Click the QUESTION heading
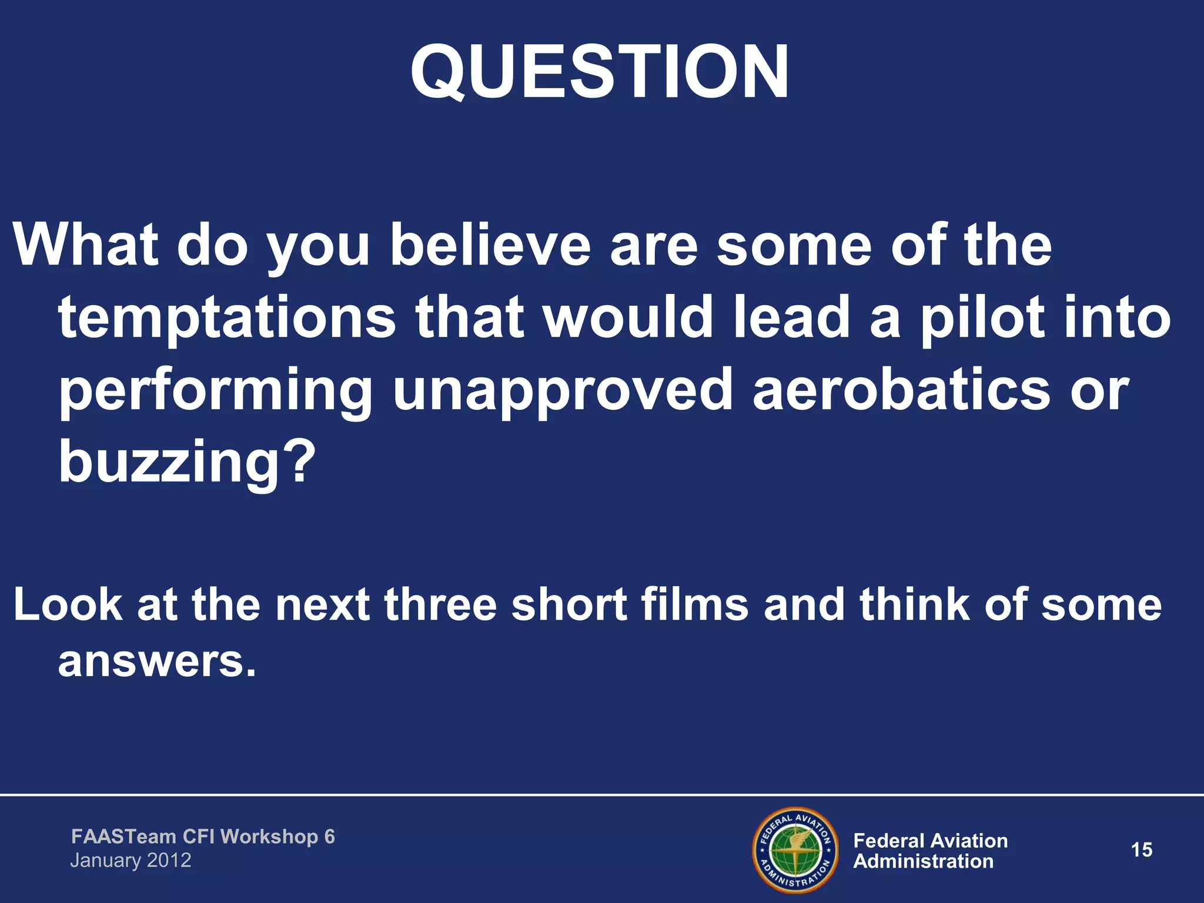tap(600, 72)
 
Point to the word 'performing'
tap(215, 392)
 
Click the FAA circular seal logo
tap(795, 850)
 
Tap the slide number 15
tap(1141, 850)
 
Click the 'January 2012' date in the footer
tap(131, 861)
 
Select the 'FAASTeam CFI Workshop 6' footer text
tap(203, 837)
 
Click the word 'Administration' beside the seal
tap(923, 862)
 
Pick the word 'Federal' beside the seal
tap(890, 841)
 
